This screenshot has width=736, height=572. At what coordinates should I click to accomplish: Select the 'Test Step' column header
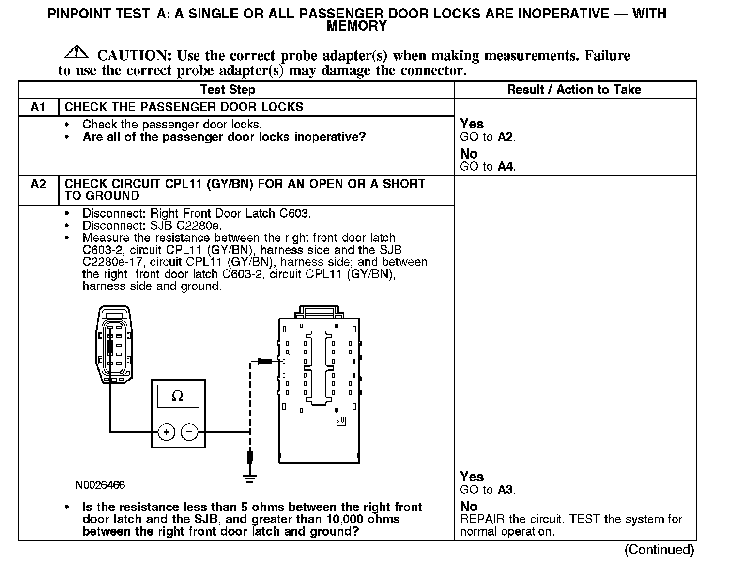click(x=228, y=90)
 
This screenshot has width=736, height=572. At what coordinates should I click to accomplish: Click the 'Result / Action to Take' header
click(x=574, y=90)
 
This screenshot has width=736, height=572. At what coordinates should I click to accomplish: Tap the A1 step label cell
click(x=38, y=107)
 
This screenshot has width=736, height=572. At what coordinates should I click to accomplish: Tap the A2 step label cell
click(x=38, y=184)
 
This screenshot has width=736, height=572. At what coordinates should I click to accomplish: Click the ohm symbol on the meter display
click(x=178, y=396)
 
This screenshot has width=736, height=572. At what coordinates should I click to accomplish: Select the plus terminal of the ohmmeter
click(x=166, y=432)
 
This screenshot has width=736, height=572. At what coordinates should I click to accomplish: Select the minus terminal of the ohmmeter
click(x=189, y=432)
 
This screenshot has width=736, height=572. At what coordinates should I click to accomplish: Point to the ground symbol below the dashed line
click(x=250, y=478)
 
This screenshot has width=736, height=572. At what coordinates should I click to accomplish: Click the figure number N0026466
click(x=100, y=485)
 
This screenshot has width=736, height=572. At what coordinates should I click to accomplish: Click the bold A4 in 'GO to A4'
click(x=505, y=167)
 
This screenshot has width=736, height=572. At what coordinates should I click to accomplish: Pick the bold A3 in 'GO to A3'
click(x=505, y=490)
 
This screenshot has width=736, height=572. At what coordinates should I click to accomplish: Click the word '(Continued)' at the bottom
click(x=659, y=550)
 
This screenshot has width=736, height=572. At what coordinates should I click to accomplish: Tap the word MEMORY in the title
click(x=357, y=26)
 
